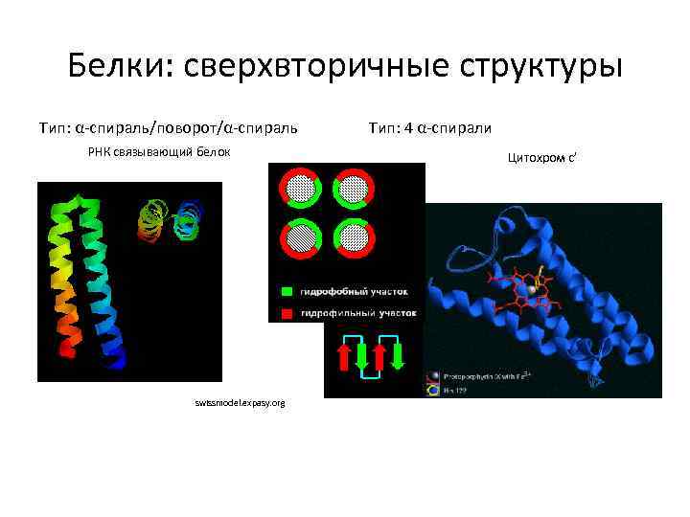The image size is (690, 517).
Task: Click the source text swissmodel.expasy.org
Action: coord(239,404)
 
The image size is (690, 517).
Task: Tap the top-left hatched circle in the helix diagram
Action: coord(300,188)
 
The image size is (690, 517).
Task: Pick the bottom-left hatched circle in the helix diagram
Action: coord(300,237)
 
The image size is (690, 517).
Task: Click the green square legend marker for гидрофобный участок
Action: coord(287,290)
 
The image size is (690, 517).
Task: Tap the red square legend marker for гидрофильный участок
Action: coord(287,312)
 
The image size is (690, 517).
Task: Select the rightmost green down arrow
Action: coord(398,356)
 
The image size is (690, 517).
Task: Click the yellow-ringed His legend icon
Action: coord(433,391)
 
